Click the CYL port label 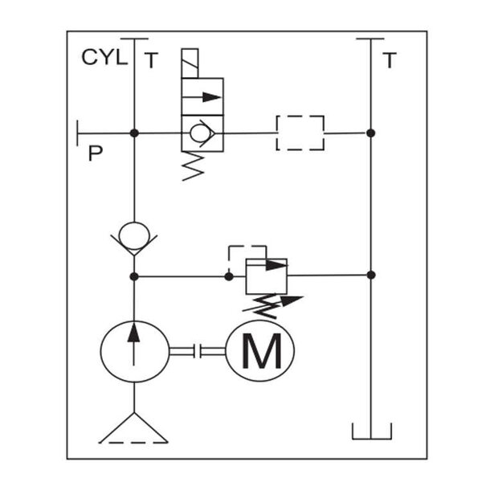tap(104, 58)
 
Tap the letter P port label tap(95, 153)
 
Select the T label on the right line tap(390, 61)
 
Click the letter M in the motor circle tap(262, 351)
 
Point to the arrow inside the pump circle tap(134, 341)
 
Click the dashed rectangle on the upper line tap(300, 133)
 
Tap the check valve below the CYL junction tap(134, 235)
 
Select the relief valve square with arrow tap(266, 276)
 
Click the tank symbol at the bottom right tap(370, 431)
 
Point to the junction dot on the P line tap(134, 133)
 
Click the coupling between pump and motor tap(196, 351)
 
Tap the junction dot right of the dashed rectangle tap(370, 133)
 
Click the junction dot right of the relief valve tap(370, 276)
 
